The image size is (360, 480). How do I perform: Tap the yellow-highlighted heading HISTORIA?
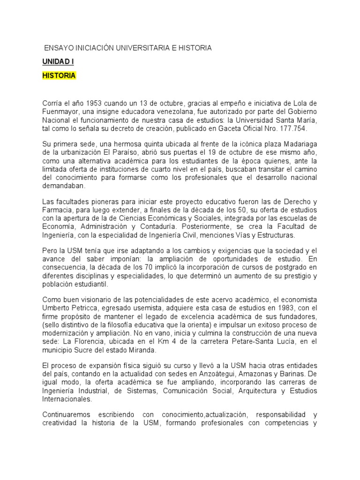click(x=59, y=75)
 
